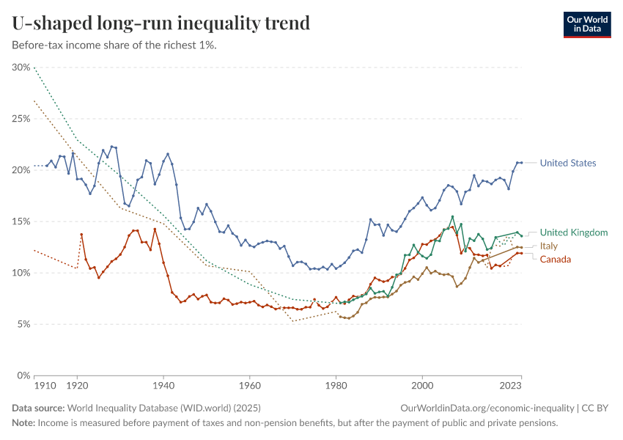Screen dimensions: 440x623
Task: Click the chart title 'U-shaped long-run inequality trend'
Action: [161, 23]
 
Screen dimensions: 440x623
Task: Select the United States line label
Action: [567, 163]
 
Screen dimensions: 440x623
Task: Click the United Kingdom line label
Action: [574, 232]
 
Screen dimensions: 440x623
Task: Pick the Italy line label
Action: [549, 246]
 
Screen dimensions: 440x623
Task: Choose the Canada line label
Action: [555, 260]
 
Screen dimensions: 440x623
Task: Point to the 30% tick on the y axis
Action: [21, 67]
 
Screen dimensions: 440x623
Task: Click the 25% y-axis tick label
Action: [21, 119]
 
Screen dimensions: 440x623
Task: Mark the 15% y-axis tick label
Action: [21, 221]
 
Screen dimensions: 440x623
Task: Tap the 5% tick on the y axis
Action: [23, 324]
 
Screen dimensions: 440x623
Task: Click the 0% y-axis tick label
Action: [23, 375]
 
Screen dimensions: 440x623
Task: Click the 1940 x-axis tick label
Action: [163, 384]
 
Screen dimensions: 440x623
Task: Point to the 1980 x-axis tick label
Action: [336, 384]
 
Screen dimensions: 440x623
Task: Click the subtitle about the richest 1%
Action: [114, 45]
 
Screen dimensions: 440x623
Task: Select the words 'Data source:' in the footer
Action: [38, 408]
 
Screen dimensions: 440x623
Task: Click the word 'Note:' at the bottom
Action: [23, 423]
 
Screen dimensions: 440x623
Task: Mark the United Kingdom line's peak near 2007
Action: [452, 217]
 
